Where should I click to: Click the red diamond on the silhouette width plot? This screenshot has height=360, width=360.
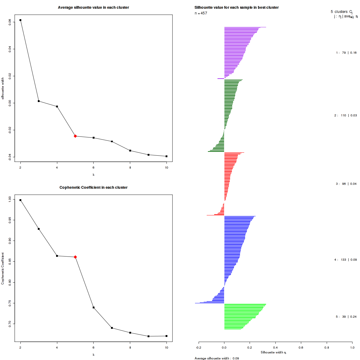(x=75, y=136)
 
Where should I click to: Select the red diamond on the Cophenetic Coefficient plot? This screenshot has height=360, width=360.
(x=75, y=257)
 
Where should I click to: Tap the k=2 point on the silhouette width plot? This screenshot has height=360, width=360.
(x=20, y=20)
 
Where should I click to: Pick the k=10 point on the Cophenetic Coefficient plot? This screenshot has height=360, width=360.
(x=166, y=336)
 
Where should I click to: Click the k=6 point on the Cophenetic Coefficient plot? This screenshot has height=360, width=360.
(x=94, y=307)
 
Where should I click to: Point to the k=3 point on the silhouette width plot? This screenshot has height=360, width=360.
(x=39, y=101)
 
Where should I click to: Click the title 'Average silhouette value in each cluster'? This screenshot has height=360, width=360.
(x=93, y=7)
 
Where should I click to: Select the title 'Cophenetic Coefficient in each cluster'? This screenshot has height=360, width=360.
(x=93, y=187)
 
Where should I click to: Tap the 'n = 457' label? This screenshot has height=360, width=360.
(x=201, y=13)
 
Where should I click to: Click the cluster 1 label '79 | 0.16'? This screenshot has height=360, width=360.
(x=346, y=53)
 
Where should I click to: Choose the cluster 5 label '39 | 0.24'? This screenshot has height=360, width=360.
(x=346, y=317)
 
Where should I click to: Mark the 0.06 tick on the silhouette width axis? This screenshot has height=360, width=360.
(x=10, y=22)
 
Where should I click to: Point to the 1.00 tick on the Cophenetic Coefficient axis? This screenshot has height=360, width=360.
(x=10, y=199)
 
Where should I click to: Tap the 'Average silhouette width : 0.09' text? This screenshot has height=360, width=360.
(x=217, y=358)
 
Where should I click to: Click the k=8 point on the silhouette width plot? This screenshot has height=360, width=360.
(x=130, y=151)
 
